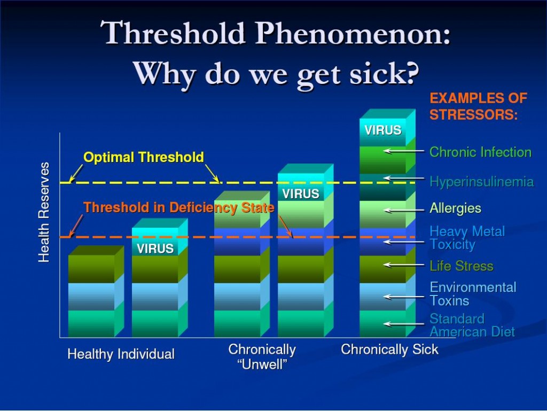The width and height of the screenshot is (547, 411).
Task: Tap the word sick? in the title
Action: pyautogui.click(x=384, y=74)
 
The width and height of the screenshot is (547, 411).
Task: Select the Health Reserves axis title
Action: pyautogui.click(x=44, y=212)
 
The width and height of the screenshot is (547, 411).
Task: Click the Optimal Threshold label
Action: pyautogui.click(x=144, y=157)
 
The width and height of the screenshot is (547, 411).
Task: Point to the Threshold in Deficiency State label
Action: pyautogui.click(x=179, y=207)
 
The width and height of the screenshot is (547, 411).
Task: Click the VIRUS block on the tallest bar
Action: pyautogui.click(x=382, y=130)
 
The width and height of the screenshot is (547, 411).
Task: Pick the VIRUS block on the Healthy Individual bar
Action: pyautogui.click(x=155, y=249)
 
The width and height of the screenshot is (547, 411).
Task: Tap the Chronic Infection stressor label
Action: pyautogui.click(x=480, y=152)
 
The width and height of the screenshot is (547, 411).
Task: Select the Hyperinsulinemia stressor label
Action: pyautogui.click(x=482, y=182)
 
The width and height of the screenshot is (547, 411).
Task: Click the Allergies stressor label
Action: pyautogui.click(x=455, y=208)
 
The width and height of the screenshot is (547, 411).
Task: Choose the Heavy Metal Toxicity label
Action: pyautogui.click(x=467, y=238)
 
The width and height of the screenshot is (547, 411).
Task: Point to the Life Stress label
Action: pyautogui.click(x=461, y=266)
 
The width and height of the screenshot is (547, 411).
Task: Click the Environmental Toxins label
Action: pyautogui.click(x=473, y=294)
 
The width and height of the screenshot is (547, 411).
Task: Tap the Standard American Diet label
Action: pyautogui.click(x=472, y=325)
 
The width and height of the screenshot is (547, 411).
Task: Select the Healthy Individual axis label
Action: pyautogui.click(x=121, y=354)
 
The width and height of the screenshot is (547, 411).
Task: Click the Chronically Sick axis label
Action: pyautogui.click(x=389, y=349)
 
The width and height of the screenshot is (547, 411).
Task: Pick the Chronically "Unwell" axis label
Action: pyautogui.click(x=262, y=356)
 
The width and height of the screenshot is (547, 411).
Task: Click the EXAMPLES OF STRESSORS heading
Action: pyautogui.click(x=478, y=106)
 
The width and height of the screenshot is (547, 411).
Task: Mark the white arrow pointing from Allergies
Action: pyautogui.click(x=404, y=211)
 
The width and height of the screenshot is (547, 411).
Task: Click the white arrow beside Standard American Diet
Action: pyautogui.click(x=404, y=324)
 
